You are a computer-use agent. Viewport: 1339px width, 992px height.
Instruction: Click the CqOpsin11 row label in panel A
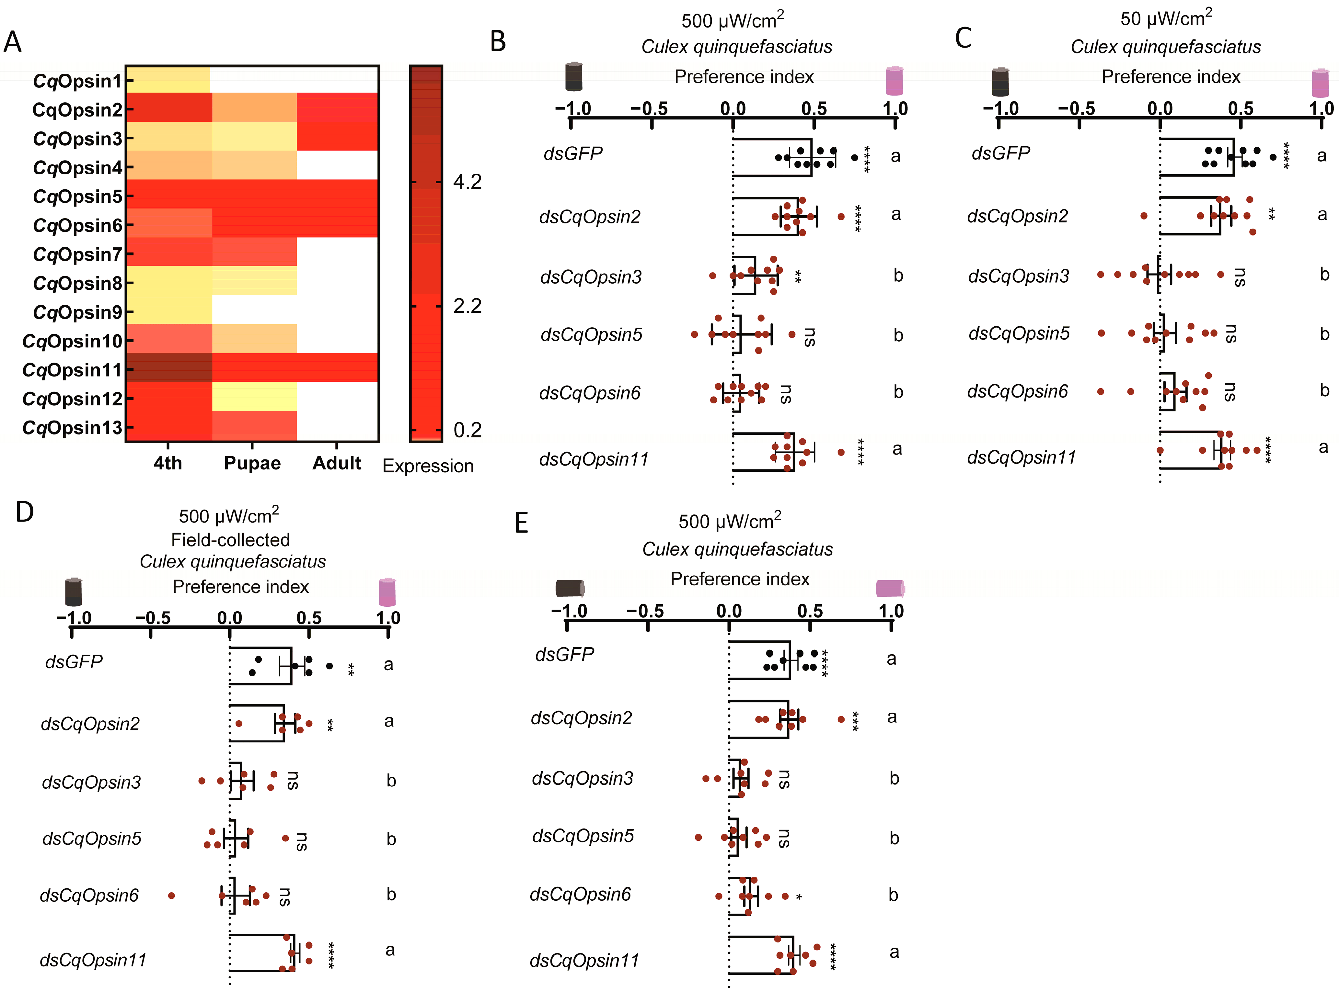(72, 370)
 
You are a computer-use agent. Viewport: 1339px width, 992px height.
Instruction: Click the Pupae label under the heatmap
(252, 463)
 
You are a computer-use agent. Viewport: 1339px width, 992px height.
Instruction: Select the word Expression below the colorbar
(428, 466)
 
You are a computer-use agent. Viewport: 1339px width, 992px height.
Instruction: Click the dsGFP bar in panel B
(772, 157)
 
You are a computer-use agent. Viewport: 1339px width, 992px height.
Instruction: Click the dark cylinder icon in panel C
(1000, 82)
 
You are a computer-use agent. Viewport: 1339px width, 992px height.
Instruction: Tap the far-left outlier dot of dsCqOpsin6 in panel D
(172, 895)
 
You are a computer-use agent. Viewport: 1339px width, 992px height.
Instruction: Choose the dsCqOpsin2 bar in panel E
(758, 719)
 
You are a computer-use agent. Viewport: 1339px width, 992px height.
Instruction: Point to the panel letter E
(521, 523)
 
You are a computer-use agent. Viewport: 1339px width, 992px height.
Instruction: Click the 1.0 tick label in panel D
(388, 618)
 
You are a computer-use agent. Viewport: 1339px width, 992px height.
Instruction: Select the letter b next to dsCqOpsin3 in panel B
(898, 276)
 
